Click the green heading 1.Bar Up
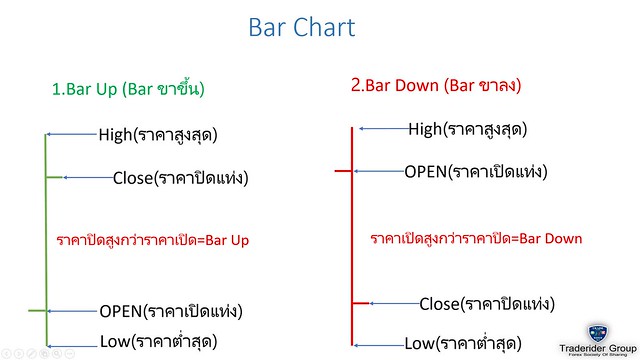click(x=128, y=88)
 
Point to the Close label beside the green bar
click(x=180, y=178)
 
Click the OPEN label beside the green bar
click(x=172, y=310)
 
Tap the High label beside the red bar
click(x=467, y=128)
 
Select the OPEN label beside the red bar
click(x=475, y=171)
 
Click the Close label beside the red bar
click(x=486, y=303)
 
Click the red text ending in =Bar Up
click(x=153, y=241)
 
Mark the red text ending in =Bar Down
click(x=476, y=239)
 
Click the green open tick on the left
click(x=37, y=311)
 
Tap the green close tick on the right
click(x=56, y=177)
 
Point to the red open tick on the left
click(x=342, y=171)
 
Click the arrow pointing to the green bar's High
click(x=72, y=134)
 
